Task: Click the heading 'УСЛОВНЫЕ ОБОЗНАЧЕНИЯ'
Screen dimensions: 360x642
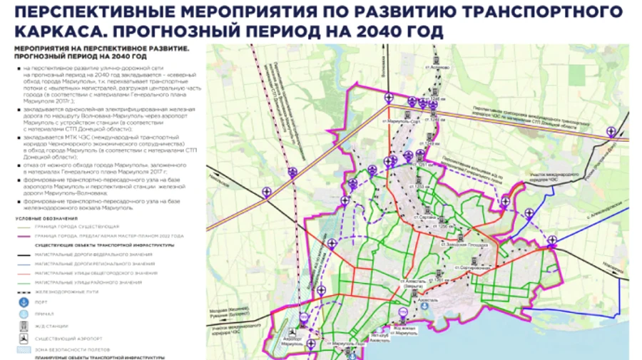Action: click(x=47, y=218)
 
